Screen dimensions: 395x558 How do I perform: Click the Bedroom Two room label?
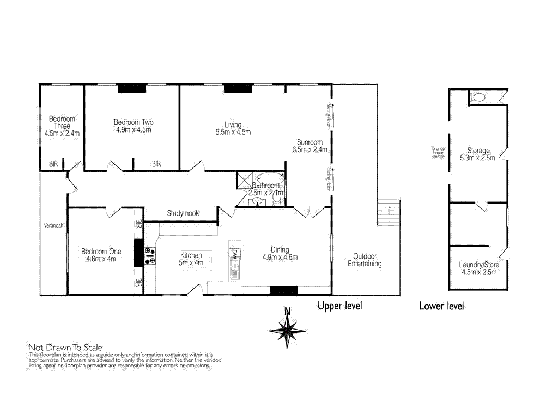[x=133, y=122]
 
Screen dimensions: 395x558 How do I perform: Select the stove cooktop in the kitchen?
[x=150, y=255]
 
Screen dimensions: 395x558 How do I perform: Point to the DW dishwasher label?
[x=235, y=253]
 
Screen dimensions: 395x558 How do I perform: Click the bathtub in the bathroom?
[x=270, y=178]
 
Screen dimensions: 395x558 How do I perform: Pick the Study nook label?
[x=183, y=213]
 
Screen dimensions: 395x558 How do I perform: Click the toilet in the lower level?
[x=478, y=98]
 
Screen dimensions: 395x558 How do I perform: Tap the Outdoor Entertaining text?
[x=365, y=260]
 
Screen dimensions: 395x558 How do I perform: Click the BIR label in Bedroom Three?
[x=53, y=164]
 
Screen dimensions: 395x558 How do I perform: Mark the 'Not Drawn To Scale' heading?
[x=65, y=347]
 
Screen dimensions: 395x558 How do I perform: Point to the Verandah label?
[x=53, y=225]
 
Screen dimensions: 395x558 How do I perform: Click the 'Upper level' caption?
[x=339, y=306]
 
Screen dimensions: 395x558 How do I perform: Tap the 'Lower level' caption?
[x=441, y=306]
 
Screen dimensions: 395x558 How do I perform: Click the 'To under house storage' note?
[x=438, y=153]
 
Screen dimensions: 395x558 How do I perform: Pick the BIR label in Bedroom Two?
[x=156, y=164]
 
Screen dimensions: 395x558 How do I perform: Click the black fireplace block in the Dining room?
[x=284, y=291]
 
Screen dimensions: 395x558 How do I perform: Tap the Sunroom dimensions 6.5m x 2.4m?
[x=310, y=149]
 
